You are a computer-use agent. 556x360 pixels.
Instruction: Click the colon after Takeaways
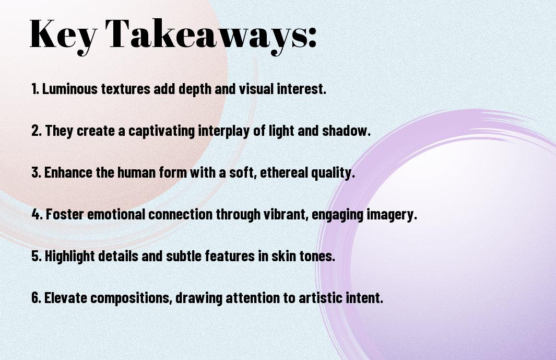(312, 38)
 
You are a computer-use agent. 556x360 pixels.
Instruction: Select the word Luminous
(70, 89)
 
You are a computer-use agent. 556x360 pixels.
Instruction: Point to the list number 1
(35, 89)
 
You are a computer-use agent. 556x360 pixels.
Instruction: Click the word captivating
(162, 131)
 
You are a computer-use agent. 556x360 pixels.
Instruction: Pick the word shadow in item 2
(346, 131)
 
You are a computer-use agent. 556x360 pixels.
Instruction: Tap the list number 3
(36, 172)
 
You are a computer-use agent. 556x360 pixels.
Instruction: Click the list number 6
(36, 298)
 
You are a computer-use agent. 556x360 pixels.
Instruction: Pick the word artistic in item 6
(320, 298)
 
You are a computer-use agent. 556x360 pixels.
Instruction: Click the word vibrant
(286, 214)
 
